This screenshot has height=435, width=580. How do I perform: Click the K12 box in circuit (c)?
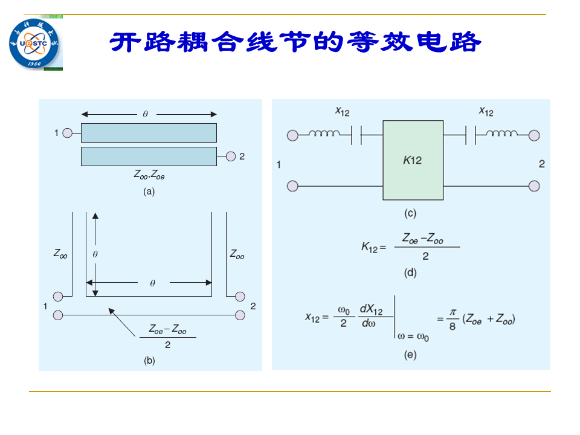[413, 160]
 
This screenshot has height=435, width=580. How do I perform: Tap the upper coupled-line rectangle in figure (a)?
[149, 133]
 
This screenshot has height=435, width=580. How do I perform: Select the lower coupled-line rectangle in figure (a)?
[149, 156]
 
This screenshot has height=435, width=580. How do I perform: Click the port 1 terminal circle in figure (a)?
[67, 133]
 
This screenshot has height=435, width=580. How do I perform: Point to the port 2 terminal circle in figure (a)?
[231, 156]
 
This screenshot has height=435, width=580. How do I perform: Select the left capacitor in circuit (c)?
[356, 135]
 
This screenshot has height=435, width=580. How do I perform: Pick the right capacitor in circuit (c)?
[471, 135]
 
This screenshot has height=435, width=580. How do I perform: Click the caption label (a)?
[149, 192]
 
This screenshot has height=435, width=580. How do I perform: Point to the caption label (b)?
[149, 360]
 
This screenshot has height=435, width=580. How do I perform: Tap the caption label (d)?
[410, 272]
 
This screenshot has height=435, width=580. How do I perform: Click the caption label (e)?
[410, 355]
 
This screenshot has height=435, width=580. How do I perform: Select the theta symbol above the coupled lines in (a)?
[146, 114]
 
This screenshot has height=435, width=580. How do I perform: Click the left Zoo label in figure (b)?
[60, 254]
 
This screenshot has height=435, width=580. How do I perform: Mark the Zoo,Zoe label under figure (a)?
[149, 174]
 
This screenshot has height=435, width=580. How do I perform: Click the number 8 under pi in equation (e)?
[453, 326]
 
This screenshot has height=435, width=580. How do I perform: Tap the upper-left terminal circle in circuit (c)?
[292, 135]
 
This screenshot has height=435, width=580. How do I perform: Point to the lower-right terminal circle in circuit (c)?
[534, 186]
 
